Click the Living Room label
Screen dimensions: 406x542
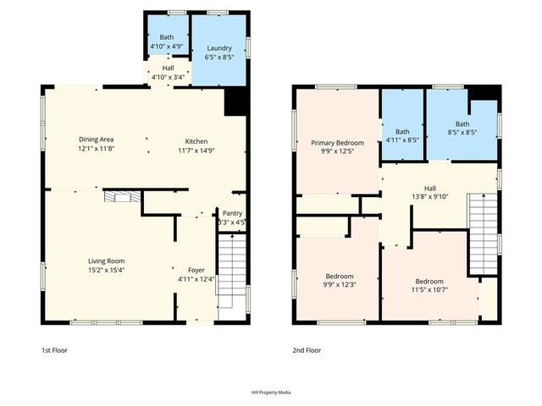pos(107,261)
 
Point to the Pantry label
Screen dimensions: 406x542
pos(232,213)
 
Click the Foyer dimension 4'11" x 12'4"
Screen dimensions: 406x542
pos(195,278)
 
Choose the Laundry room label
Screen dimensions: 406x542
pos(219,48)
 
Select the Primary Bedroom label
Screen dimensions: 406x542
pos(336,143)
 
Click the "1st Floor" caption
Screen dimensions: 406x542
pos(55,350)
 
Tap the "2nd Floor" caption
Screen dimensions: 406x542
pos(307,350)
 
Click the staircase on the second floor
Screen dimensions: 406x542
pos(482,232)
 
